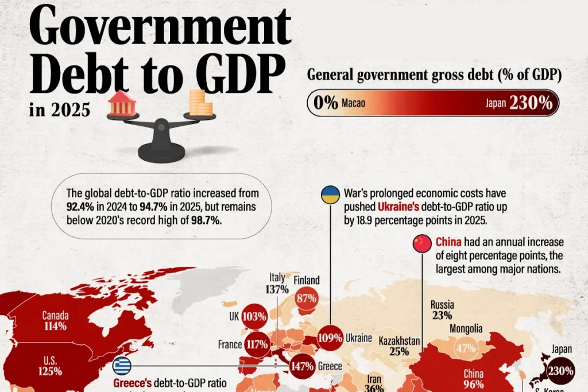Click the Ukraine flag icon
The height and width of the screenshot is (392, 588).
pos(330,195)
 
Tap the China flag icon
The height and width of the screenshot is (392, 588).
pos(422,243)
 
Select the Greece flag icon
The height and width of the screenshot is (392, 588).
pos(122,366)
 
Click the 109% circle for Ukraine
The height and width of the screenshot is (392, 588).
pos(330,337)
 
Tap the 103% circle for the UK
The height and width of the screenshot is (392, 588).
pos(254,316)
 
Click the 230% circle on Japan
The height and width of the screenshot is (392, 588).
pos(560,371)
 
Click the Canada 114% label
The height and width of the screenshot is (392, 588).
pos(56,321)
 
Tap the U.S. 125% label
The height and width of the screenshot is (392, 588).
pos(50,366)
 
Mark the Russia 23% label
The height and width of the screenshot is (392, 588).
pos(442,309)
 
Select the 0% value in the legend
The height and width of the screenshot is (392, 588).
pos(326,103)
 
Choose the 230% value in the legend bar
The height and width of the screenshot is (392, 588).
pos(531,103)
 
